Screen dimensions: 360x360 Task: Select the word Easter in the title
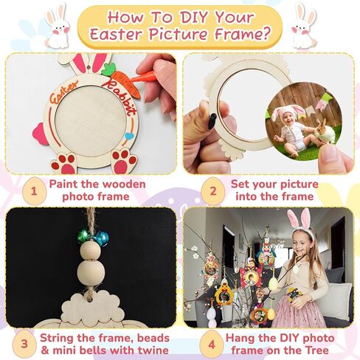coord(114,33)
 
